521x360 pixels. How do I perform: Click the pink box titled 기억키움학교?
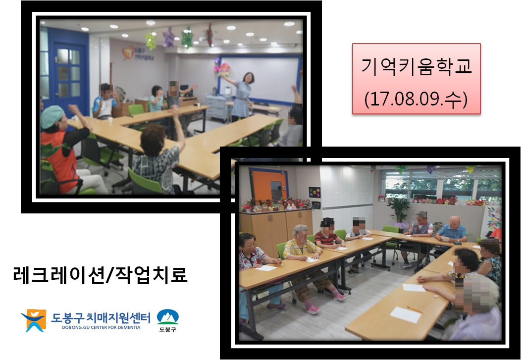(417, 79)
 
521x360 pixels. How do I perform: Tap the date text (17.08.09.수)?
(416, 99)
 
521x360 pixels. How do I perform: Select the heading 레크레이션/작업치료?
(101, 275)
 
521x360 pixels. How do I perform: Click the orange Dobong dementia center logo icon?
(34, 320)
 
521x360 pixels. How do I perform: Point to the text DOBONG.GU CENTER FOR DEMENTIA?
(101, 327)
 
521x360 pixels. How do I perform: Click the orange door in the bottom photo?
(269, 185)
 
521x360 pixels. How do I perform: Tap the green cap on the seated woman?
(52, 116)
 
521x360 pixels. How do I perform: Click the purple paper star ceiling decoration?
(169, 38)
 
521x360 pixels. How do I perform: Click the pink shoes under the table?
(313, 309)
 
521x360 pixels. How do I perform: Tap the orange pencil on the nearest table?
(415, 309)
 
